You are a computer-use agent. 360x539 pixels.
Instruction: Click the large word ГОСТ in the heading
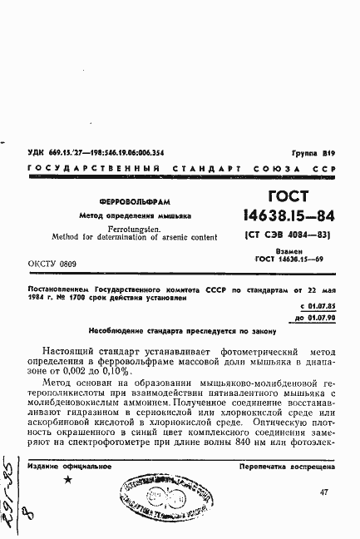[287, 198]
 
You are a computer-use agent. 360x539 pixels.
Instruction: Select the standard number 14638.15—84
[287, 216]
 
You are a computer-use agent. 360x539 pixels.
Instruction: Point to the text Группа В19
[314, 153]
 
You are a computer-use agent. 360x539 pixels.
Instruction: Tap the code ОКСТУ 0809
[53, 263]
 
